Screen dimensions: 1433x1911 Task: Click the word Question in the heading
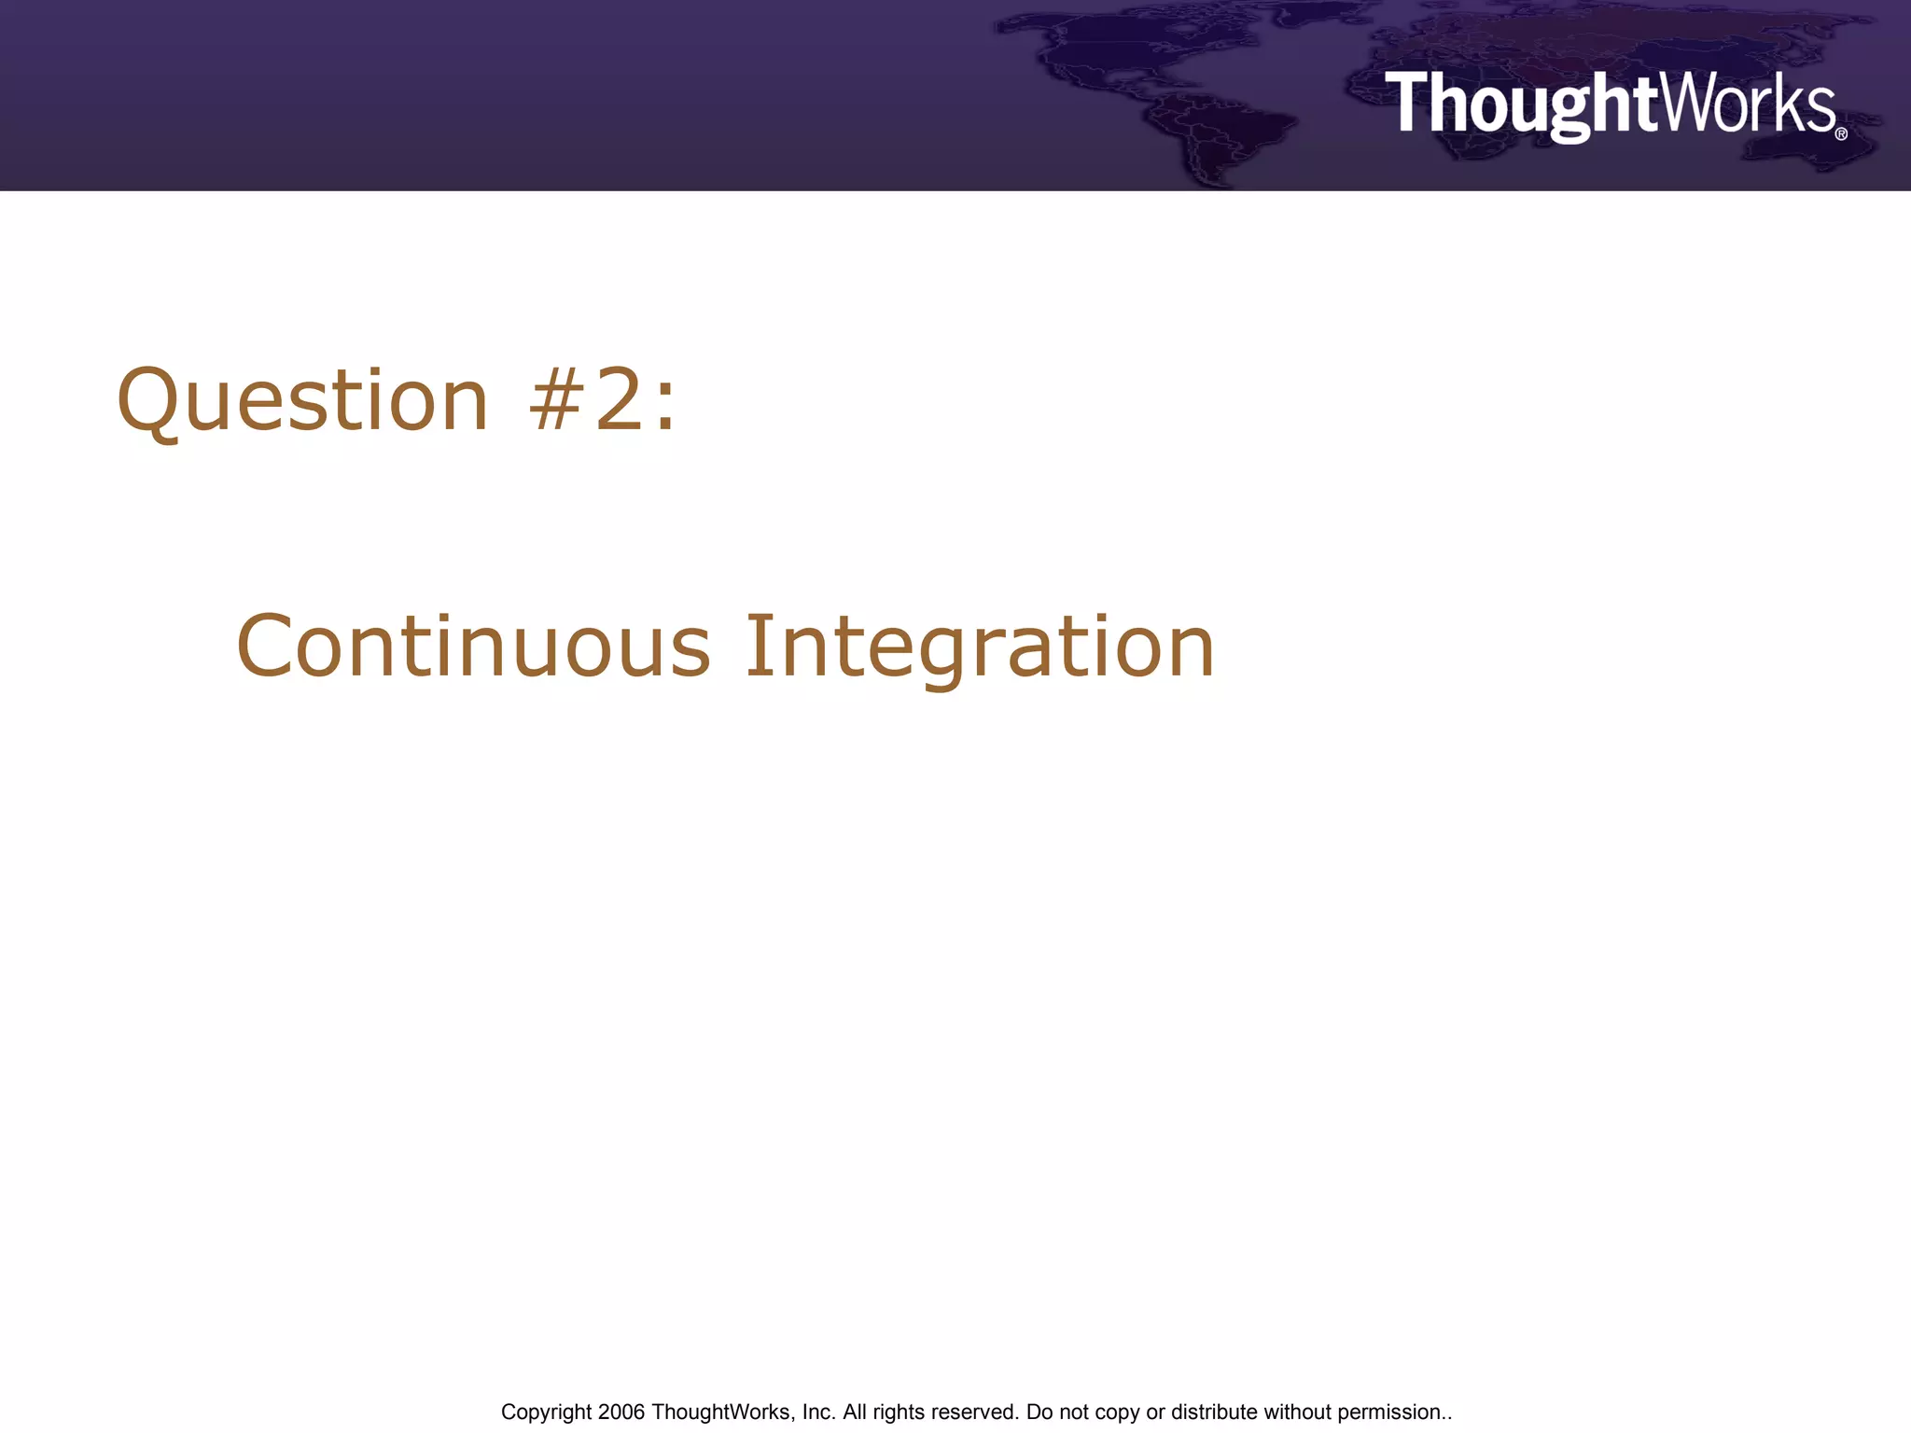click(302, 401)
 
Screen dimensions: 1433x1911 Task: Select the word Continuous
click(473, 646)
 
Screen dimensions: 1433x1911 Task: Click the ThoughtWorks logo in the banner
click(1610, 104)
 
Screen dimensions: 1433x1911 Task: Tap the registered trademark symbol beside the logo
click(1841, 134)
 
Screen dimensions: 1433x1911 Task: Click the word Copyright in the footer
click(546, 1412)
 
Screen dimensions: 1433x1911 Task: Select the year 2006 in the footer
click(621, 1412)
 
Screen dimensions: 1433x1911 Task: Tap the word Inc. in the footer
click(818, 1412)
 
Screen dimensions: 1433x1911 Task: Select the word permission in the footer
click(1389, 1412)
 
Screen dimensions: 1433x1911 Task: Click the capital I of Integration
click(758, 646)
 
